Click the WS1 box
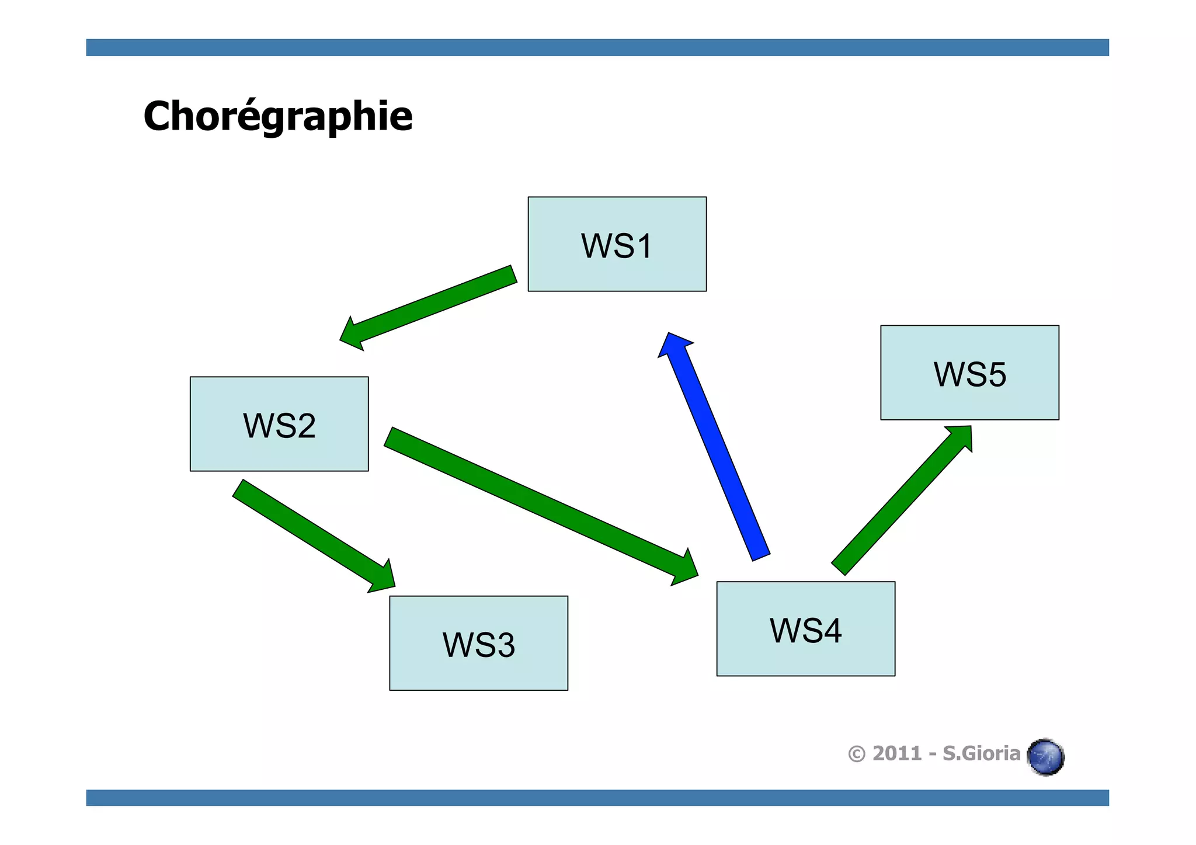coord(617,244)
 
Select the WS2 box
coord(279,424)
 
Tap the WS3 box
coord(478,643)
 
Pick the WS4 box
coord(805,629)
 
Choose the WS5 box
coord(969,373)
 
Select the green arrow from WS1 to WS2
coord(432,307)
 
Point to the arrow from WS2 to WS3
coord(310,531)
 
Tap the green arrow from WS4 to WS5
coord(899,502)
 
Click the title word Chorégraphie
coord(278,116)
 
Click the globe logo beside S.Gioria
coord(1046,757)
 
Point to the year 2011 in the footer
coord(896,753)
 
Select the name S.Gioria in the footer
coord(981,753)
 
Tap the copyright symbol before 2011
coord(856,754)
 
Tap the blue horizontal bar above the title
coord(597,47)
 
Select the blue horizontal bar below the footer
coord(597,798)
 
